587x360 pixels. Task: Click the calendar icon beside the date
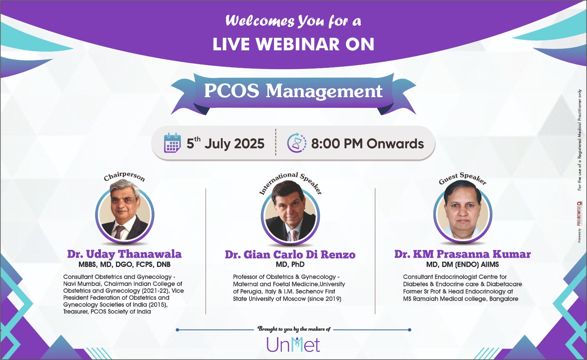coord(172,143)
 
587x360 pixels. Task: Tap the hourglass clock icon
coord(297,143)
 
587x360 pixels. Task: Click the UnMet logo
coord(293,345)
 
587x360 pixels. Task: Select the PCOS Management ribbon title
coord(293,91)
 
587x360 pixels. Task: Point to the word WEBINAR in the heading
coord(298,44)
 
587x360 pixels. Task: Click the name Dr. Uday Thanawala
coord(124,254)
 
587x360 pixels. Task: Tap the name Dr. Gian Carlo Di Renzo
coord(290,254)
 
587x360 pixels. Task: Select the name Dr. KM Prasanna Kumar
coord(463,254)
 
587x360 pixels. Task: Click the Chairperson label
coord(124,176)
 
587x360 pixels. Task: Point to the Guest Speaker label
coord(463,178)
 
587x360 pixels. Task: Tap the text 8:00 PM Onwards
coord(367,143)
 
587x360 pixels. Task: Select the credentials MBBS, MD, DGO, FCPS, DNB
coord(124,264)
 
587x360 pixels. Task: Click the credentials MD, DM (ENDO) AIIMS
coord(463,264)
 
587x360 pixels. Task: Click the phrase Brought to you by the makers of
coord(294,329)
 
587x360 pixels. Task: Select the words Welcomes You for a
coord(293,21)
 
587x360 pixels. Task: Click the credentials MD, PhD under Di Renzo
coord(290,264)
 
